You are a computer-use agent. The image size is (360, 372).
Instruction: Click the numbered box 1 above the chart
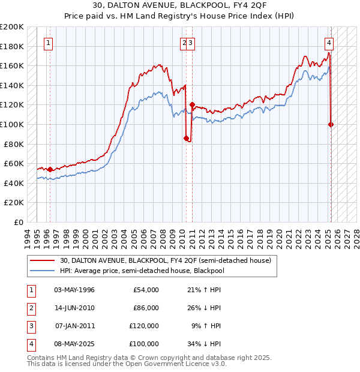47,43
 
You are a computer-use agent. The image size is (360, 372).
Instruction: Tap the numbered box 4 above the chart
329,43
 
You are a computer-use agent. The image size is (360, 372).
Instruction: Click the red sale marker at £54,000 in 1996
50,169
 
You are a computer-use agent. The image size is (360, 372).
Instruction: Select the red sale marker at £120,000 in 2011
192,105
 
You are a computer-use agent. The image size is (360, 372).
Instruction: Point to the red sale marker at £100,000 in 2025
331,124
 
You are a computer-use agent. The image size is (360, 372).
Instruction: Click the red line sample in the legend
43,260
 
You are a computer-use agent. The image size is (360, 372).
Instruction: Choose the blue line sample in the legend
43,271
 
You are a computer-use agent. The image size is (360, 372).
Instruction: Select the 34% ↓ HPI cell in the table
204,344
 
